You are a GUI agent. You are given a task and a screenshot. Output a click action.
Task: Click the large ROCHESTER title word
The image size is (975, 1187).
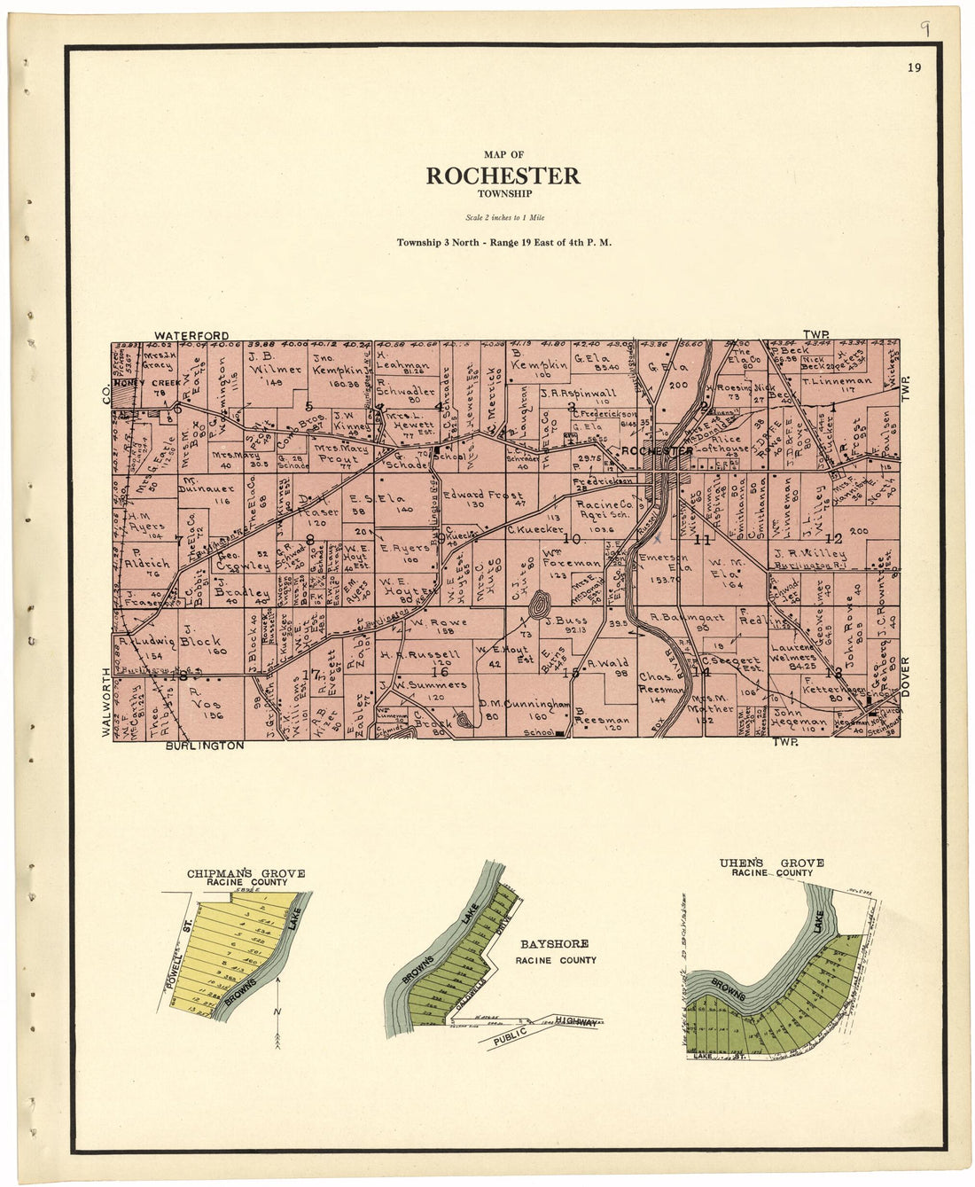pyautogui.click(x=503, y=176)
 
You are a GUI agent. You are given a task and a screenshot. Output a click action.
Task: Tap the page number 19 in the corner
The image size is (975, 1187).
pyautogui.click(x=914, y=67)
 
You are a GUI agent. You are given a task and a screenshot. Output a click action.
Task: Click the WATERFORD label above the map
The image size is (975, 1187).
pyautogui.click(x=191, y=335)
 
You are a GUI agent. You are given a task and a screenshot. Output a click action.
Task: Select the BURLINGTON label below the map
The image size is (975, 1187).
pyautogui.click(x=204, y=746)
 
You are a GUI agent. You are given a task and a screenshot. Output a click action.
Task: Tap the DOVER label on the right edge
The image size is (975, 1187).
pyautogui.click(x=906, y=675)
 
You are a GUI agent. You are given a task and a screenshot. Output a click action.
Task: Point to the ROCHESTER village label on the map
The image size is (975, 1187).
pyautogui.click(x=657, y=451)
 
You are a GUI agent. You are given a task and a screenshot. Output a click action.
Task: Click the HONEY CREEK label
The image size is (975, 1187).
pyautogui.click(x=147, y=382)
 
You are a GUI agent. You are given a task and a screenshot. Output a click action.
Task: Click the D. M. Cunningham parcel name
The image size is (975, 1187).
pyautogui.click(x=524, y=703)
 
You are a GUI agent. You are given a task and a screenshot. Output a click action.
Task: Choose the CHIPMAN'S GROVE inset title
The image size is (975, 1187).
pyautogui.click(x=246, y=873)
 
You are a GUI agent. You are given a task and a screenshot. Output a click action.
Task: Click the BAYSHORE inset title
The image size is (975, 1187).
pyautogui.click(x=554, y=944)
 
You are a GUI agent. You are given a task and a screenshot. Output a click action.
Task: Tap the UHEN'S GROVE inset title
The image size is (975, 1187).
pyautogui.click(x=771, y=863)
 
